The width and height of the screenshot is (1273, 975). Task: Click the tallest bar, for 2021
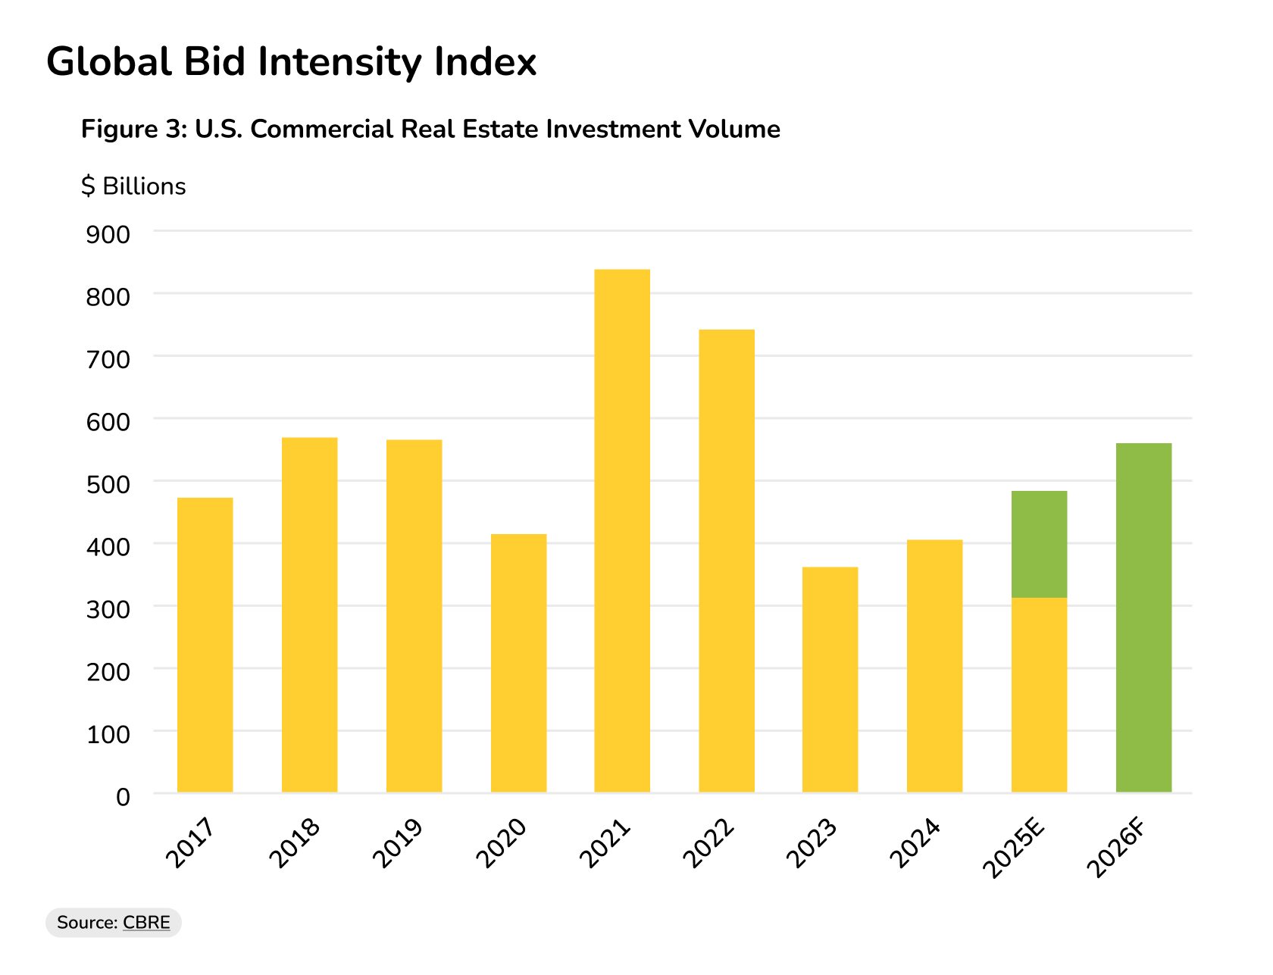coord(622,530)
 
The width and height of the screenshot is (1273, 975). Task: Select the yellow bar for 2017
coord(205,645)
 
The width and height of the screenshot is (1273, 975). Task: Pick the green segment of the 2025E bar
coord(1039,544)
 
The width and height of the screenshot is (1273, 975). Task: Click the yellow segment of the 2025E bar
coord(1039,695)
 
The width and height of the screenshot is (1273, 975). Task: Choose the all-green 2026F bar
coord(1143,617)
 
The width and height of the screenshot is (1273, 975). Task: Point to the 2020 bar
coord(518,663)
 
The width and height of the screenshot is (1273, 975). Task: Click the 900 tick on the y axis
coord(108,235)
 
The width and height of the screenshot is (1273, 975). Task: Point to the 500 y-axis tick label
coord(108,484)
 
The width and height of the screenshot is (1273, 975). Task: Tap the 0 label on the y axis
coord(123,797)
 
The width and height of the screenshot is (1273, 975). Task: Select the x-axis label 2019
coord(398,843)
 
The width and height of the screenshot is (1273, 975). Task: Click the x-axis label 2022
coord(709,843)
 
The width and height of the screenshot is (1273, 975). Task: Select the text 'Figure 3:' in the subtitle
coord(133,129)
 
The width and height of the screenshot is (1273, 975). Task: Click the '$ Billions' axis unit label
coord(133,186)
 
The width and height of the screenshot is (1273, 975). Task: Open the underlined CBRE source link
coord(146,923)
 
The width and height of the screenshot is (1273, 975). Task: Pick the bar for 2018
coord(309,614)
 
